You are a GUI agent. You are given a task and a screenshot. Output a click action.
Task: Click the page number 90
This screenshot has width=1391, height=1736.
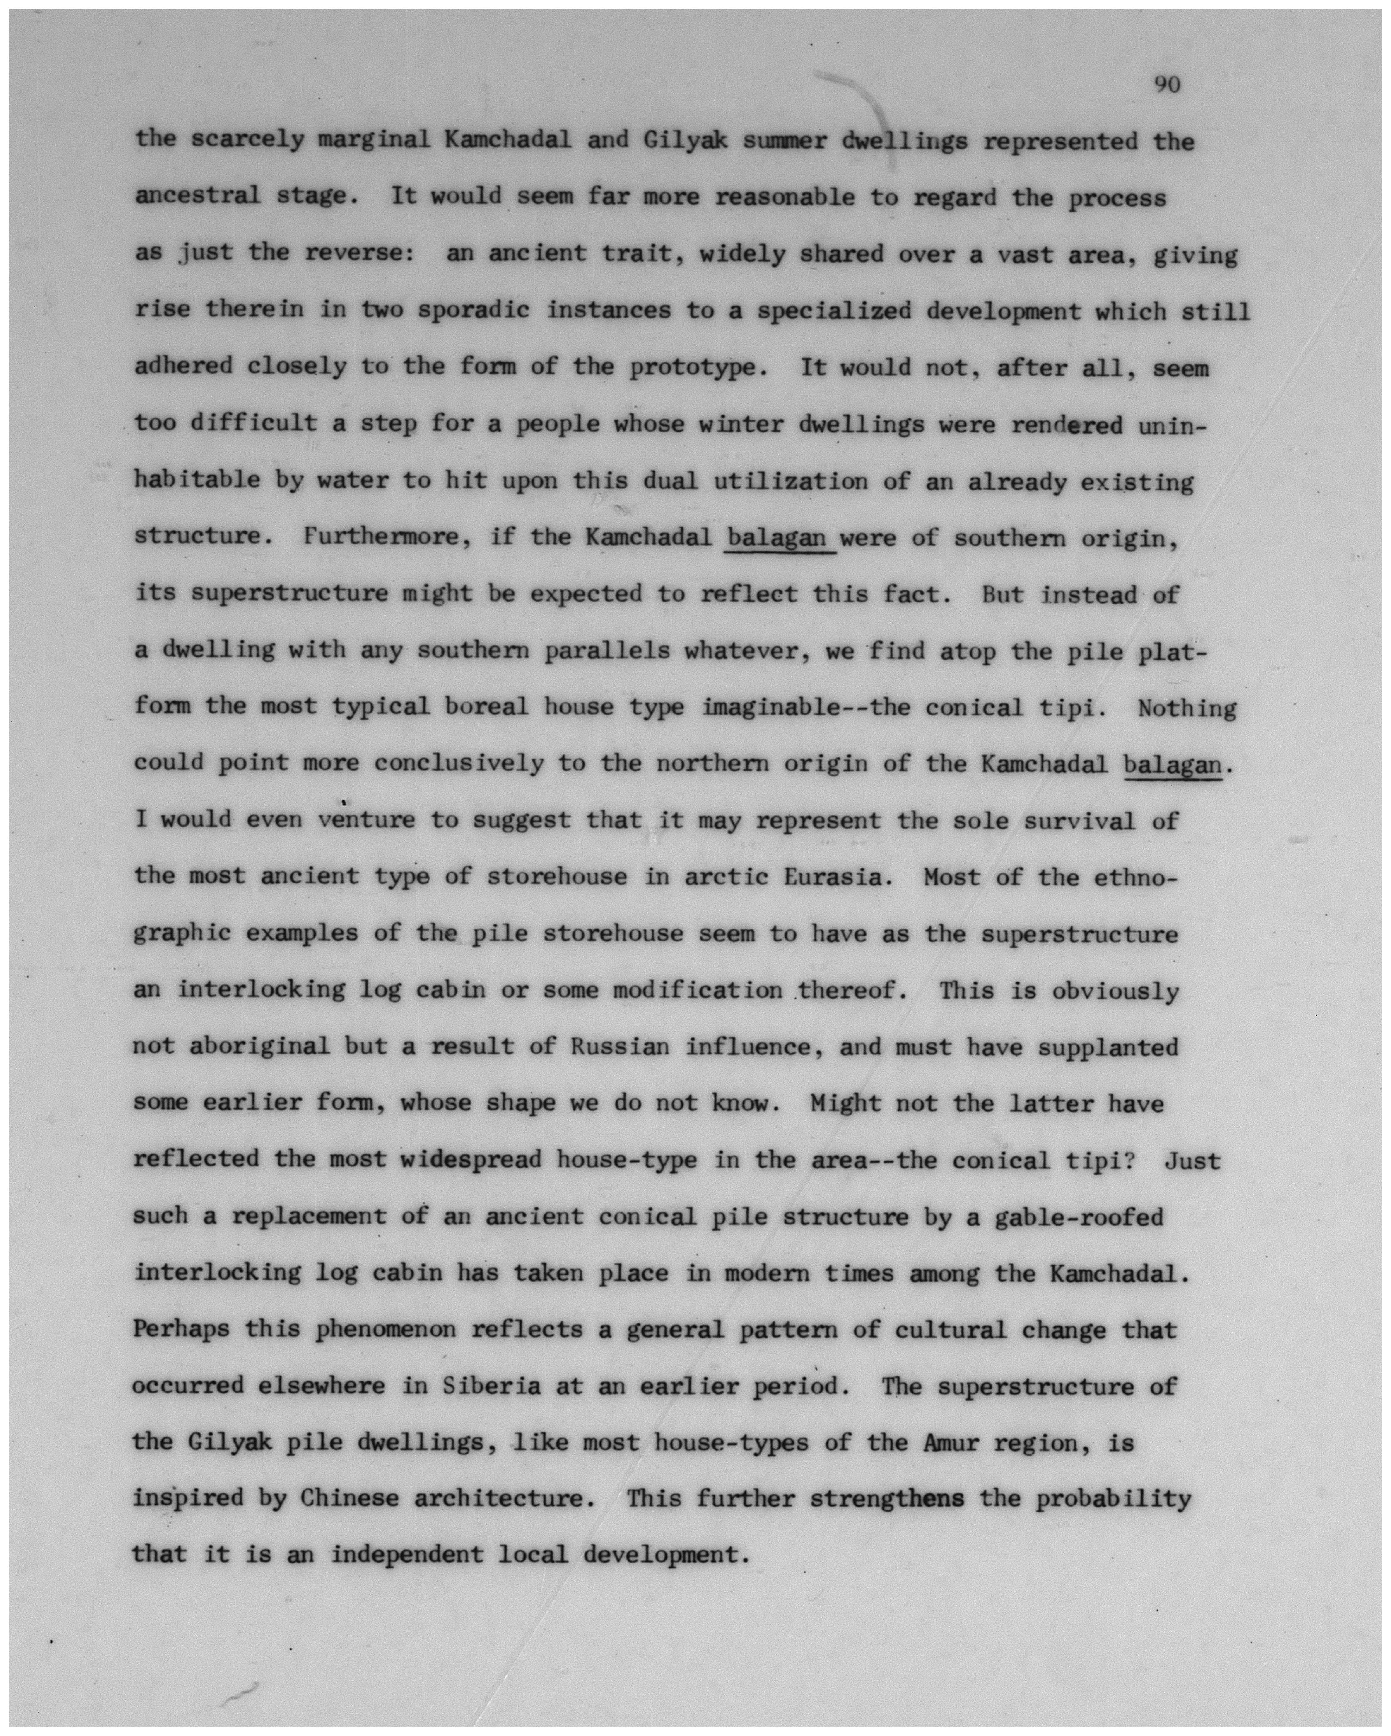coord(1166,85)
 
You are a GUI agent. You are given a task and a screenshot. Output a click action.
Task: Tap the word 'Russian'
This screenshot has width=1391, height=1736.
coord(620,1047)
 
